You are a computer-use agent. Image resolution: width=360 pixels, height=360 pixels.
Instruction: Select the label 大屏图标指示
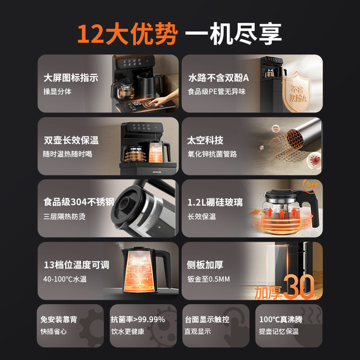point(71,78)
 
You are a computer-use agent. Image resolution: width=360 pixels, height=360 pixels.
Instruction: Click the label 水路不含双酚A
point(218,78)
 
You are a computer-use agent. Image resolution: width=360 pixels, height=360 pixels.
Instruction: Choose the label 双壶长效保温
point(71,141)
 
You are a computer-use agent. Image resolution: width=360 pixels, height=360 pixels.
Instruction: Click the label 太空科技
point(205,141)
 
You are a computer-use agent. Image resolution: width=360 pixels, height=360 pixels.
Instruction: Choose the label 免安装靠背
point(60,319)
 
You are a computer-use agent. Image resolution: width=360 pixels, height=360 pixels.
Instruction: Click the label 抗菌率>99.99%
point(138,319)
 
